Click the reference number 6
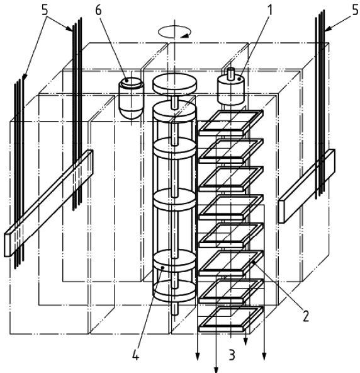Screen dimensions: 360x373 click(x=98, y=11)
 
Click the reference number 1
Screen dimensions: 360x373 click(x=269, y=10)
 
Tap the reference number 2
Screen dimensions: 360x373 click(x=305, y=316)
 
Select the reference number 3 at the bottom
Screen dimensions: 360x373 click(x=232, y=355)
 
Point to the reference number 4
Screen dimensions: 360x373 click(x=135, y=356)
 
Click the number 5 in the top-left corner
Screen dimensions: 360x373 click(x=45, y=11)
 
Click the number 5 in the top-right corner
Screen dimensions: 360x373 click(x=355, y=11)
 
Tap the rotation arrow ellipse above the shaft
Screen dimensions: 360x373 click(x=175, y=32)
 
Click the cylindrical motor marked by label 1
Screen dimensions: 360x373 click(x=231, y=89)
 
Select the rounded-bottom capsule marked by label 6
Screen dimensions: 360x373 click(x=132, y=98)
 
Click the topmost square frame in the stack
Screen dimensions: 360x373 click(x=231, y=122)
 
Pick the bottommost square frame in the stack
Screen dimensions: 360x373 click(x=231, y=319)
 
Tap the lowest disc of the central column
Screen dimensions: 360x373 click(x=175, y=290)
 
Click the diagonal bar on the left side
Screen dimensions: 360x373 click(x=48, y=203)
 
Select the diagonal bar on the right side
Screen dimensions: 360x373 click(x=307, y=186)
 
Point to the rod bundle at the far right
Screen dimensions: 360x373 click(x=320, y=104)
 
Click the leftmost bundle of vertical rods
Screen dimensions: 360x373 click(x=19, y=171)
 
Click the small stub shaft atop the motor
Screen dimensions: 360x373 click(x=231, y=74)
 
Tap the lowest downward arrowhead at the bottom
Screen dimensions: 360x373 click(x=217, y=370)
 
